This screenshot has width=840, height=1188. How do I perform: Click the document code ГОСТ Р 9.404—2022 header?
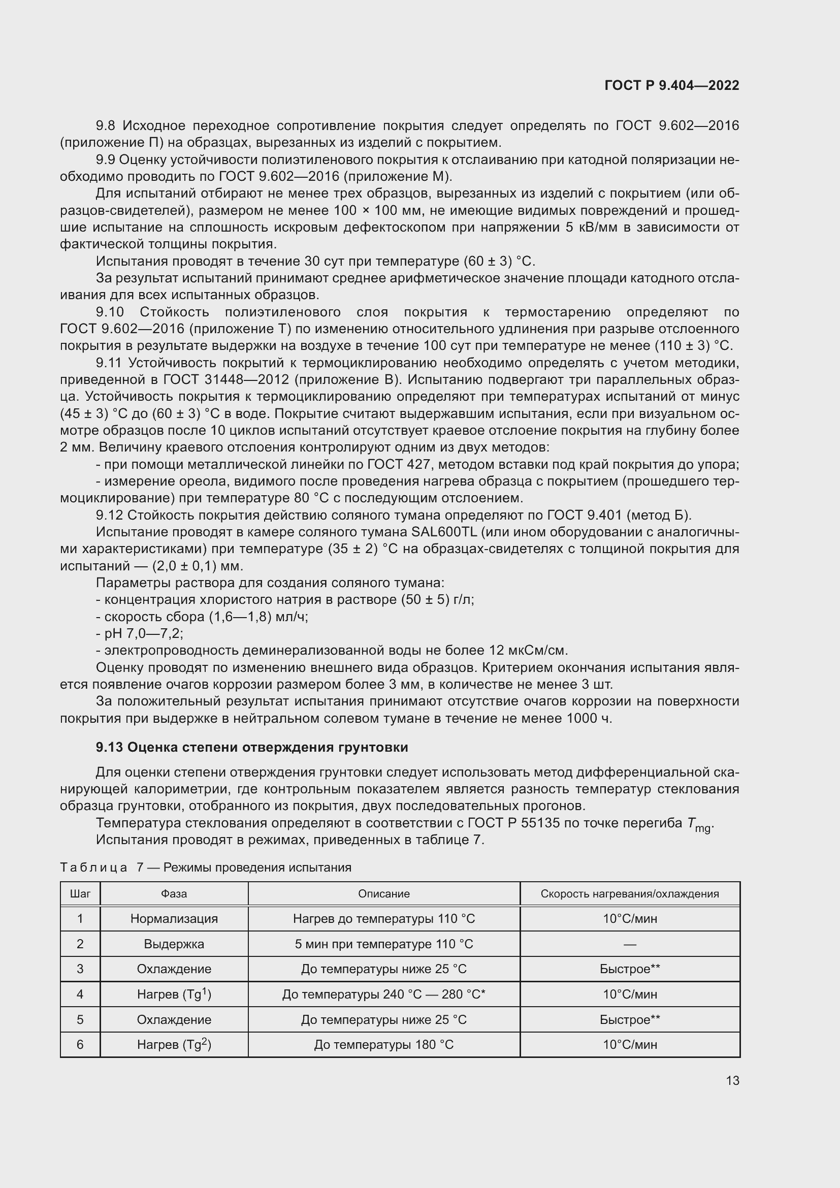click(671, 86)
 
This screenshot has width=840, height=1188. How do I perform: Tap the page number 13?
click(732, 1080)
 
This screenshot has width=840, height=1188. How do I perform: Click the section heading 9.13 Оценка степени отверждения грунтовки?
click(252, 747)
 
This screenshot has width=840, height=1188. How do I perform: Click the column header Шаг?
click(80, 893)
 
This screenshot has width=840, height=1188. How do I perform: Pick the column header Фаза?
click(174, 893)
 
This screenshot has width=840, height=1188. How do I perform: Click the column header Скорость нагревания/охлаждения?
click(629, 893)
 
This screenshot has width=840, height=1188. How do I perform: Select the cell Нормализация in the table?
click(174, 919)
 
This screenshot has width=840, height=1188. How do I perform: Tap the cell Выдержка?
click(174, 944)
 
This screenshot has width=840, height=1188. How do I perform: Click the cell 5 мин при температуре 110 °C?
click(384, 944)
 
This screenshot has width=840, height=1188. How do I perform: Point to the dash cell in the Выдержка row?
click(629, 944)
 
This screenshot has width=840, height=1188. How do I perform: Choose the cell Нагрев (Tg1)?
click(174, 994)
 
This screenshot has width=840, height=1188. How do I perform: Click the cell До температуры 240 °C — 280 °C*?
click(384, 994)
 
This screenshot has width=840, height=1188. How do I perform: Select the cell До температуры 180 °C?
click(384, 1045)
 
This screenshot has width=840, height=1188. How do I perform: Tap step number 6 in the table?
click(80, 1045)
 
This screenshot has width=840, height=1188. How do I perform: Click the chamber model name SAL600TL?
click(443, 532)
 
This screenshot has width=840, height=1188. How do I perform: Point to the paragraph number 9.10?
click(110, 312)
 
